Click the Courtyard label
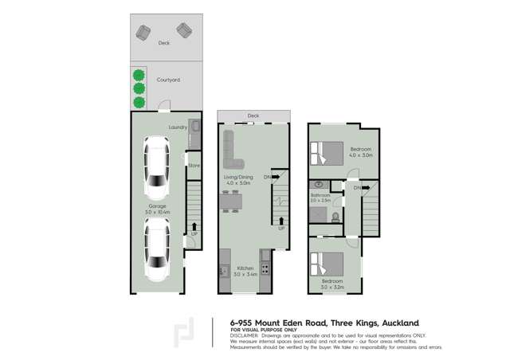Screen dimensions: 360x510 [167, 80]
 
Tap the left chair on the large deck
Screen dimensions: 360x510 [144, 32]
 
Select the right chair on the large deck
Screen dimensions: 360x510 [183, 30]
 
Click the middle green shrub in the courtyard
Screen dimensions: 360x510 [139, 88]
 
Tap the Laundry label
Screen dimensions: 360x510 [178, 127]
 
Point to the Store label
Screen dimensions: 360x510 [194, 166]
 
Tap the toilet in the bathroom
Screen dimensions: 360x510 [335, 216]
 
